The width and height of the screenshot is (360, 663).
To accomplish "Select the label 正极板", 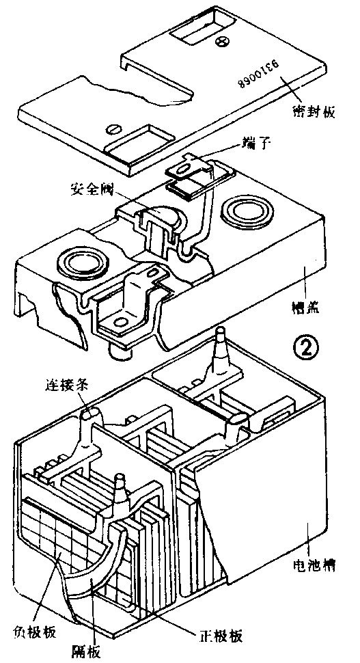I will (x=220, y=634).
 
